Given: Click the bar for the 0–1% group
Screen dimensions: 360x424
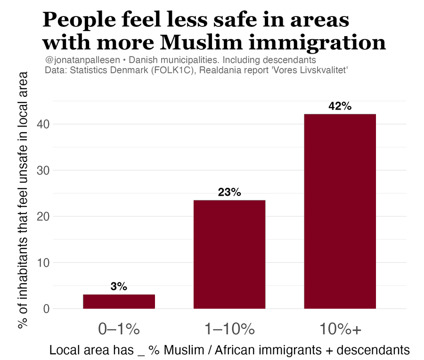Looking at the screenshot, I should tap(119, 302).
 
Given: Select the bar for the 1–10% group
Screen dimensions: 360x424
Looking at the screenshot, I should tap(229, 255).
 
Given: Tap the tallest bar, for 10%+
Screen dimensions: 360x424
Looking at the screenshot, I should tap(340, 211).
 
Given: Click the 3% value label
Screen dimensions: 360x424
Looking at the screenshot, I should tap(119, 287).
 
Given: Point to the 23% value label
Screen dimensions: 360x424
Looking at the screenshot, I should tap(229, 192).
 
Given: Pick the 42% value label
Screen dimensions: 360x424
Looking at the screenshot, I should tap(340, 106).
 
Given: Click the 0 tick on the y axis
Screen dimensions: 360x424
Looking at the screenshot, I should tap(46, 309).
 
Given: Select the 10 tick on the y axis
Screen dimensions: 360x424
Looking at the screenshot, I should tap(43, 263).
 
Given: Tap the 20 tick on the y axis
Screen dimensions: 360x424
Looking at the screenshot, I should tap(43, 216).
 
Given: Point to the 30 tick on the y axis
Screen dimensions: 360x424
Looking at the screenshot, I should tap(43, 170).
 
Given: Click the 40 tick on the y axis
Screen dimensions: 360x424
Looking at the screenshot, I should tap(43, 124).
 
